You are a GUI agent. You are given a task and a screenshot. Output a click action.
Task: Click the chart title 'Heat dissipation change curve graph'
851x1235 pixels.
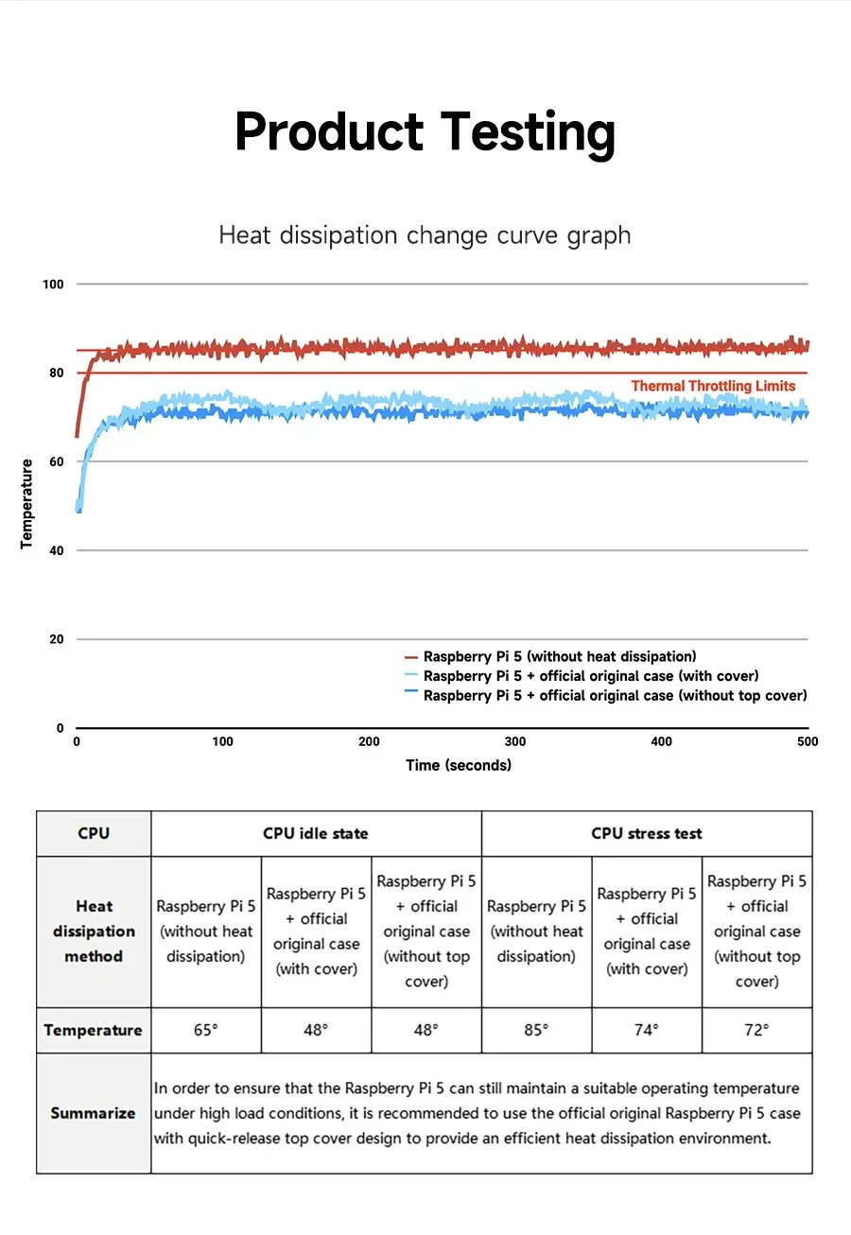[x=425, y=235]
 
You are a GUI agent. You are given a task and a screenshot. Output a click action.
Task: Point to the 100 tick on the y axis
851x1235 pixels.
[x=54, y=285]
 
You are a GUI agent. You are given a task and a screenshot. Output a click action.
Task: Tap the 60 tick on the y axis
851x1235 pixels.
[x=57, y=462]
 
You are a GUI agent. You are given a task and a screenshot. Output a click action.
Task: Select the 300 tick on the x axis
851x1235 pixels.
[x=514, y=741]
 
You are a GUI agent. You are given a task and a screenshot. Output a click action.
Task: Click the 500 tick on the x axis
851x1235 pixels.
[x=808, y=741]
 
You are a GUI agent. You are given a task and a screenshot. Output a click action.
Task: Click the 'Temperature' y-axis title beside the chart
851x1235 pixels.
[x=26, y=504]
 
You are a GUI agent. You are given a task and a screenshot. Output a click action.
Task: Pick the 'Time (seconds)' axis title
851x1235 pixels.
[x=459, y=765]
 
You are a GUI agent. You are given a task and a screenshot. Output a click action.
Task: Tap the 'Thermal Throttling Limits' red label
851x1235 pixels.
[x=713, y=386]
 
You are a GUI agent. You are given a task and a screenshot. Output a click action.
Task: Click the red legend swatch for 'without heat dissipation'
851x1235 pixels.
[x=410, y=657]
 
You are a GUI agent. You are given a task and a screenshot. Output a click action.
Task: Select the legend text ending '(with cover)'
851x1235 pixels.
[x=591, y=676]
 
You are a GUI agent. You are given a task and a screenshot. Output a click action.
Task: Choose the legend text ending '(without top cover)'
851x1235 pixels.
[x=616, y=696]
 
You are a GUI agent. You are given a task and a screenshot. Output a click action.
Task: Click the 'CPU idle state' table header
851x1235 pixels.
[x=315, y=833]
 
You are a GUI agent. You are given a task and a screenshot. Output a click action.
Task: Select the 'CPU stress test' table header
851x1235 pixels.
[x=647, y=833]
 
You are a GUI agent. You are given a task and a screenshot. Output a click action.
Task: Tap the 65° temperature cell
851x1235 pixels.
[x=205, y=1030]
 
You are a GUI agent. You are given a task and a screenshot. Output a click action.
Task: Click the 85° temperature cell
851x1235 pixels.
[x=536, y=1030]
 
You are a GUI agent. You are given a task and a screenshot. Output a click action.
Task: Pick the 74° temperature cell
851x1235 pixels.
[x=647, y=1030]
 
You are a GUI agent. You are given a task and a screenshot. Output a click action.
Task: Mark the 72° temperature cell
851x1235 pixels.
[x=756, y=1030]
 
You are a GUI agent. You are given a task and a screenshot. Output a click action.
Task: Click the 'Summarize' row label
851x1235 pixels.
[x=94, y=1113]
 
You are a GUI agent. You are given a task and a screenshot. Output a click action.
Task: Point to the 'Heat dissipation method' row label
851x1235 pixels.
[x=94, y=931]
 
